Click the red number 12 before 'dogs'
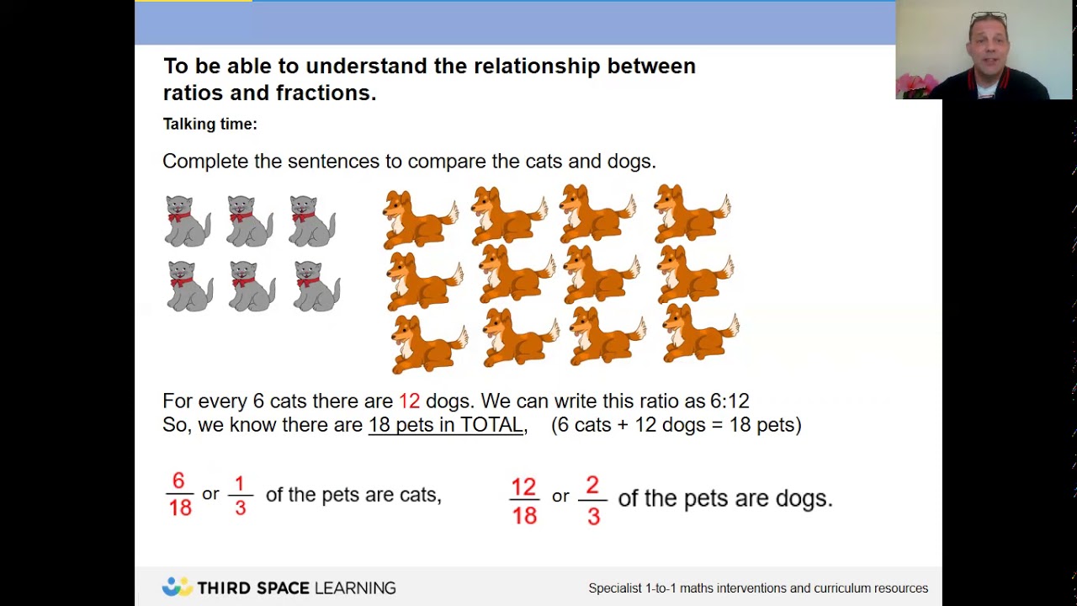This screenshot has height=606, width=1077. [x=409, y=401]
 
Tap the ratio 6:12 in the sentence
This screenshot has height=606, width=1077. [x=729, y=401]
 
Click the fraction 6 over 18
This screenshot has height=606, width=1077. [x=179, y=494]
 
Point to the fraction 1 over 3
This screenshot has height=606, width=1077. [x=240, y=495]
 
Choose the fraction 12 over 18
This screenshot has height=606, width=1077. [x=523, y=501]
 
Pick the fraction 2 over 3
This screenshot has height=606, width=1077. [x=592, y=501]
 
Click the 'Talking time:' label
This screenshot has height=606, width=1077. [x=210, y=125]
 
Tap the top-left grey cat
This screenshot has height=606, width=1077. [x=187, y=221]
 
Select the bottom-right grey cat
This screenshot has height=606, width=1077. [x=316, y=286]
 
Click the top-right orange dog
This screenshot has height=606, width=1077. [x=692, y=214]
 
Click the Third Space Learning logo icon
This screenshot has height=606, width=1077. [x=177, y=587]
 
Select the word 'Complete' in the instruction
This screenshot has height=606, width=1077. [x=204, y=161]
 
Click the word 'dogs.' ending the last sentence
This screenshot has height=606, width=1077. [x=803, y=498]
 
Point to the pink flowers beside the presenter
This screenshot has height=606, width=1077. [x=915, y=84]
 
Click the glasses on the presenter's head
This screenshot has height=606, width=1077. [x=989, y=17]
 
